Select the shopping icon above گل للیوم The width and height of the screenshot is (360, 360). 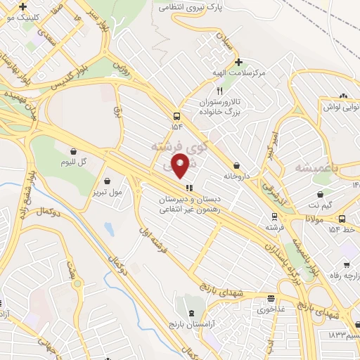(x=74, y=150)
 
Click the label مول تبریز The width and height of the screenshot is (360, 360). (x=107, y=191)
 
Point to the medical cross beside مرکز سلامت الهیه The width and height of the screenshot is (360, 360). (x=238, y=62)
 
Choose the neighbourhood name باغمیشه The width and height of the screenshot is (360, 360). (x=303, y=169)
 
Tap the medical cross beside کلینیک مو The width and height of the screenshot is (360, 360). (x=23, y=6)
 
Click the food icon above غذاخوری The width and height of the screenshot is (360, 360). (x=271, y=298)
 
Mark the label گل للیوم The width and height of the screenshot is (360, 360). (x=74, y=162)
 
